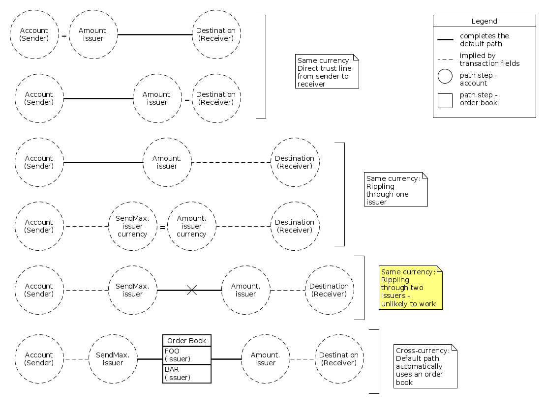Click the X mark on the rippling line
[x=192, y=291]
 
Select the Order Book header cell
[x=187, y=341]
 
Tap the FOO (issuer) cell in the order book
[x=187, y=355]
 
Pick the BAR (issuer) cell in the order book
[x=187, y=374]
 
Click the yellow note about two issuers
[x=411, y=288]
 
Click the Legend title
[x=484, y=21]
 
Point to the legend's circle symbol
[x=445, y=76]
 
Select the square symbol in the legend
[x=445, y=100]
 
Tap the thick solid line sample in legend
[x=445, y=39]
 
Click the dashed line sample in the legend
[x=445, y=59]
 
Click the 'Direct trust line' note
[x=327, y=72]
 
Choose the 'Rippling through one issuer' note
[x=396, y=190]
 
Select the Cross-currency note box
[x=425, y=366]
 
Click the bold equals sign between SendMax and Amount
[x=162, y=228]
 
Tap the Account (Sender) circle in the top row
[x=34, y=34]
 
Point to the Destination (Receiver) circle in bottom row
[x=339, y=359]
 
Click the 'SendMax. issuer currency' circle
[x=132, y=226]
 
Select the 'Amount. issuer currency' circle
[x=191, y=226]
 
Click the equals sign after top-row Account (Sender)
[x=64, y=35]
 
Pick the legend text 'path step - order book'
[x=479, y=99]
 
